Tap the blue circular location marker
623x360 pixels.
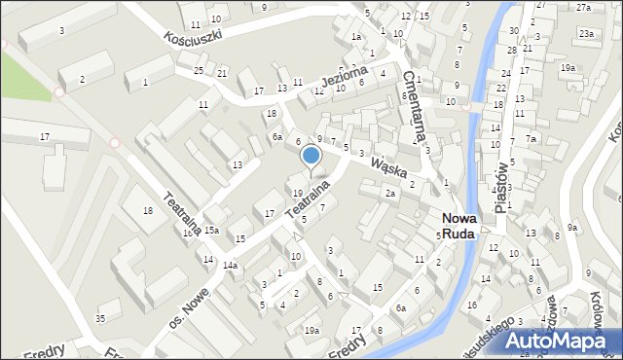[311, 155]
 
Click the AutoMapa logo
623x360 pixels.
[563, 342]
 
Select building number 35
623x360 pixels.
[100, 318]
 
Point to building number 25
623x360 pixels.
[199, 71]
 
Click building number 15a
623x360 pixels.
[210, 230]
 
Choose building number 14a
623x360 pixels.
[230, 265]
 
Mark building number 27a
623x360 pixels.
[583, 7]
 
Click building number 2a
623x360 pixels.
[389, 194]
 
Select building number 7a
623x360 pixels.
[531, 139]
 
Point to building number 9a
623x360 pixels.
[573, 228]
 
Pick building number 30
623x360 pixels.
[513, 31]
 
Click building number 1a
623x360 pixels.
[356, 36]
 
